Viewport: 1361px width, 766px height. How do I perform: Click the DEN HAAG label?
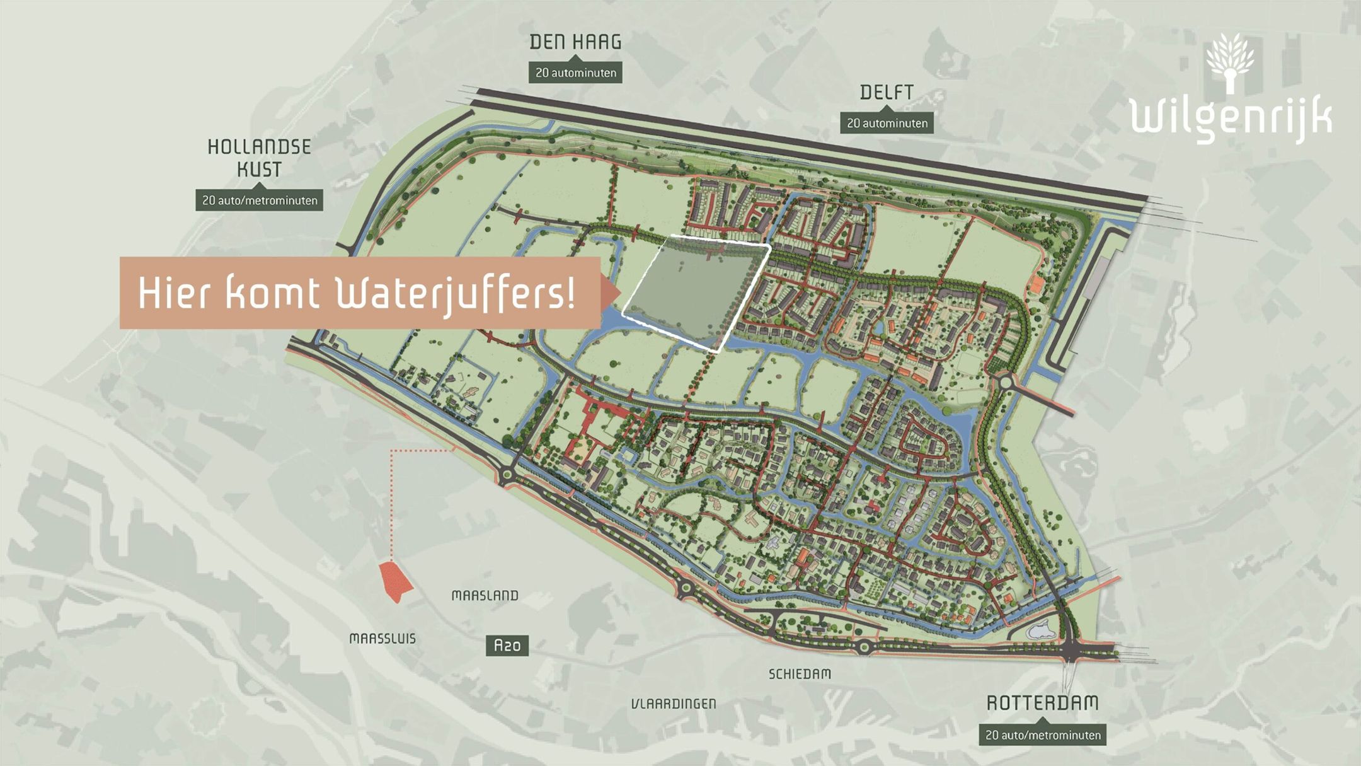click(x=575, y=42)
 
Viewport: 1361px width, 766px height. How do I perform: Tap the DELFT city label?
click(x=887, y=93)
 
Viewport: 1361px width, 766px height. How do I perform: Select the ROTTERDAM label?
click(x=1042, y=703)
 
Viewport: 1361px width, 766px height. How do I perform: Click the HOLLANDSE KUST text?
click(x=259, y=158)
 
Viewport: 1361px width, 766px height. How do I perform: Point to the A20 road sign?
click(x=507, y=646)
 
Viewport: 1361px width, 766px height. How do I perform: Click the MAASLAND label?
click(x=485, y=596)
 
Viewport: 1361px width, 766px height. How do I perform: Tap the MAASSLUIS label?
click(x=382, y=639)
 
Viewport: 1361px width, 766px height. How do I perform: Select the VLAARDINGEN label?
click(x=674, y=704)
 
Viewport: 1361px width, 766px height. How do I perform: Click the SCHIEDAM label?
click(x=800, y=674)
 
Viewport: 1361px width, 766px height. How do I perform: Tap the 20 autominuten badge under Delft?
click(x=887, y=124)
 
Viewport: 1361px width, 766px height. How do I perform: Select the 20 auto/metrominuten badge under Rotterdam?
click(x=1042, y=735)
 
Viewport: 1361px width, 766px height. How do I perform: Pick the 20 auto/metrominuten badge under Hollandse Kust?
click(x=259, y=200)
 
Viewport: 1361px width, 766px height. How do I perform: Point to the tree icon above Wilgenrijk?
click(x=1230, y=63)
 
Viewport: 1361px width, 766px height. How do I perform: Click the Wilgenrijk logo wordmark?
click(x=1231, y=119)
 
